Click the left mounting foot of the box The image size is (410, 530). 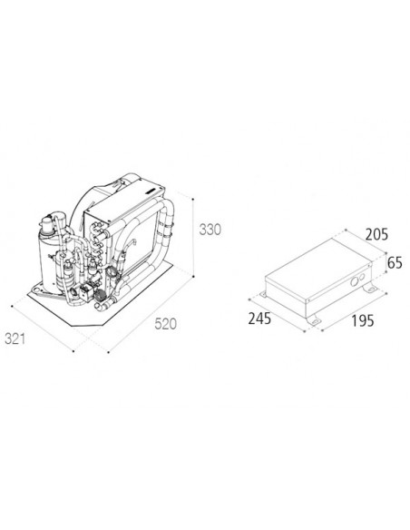point(260,296)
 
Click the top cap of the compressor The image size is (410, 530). point(49,221)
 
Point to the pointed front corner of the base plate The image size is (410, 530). point(95,313)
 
